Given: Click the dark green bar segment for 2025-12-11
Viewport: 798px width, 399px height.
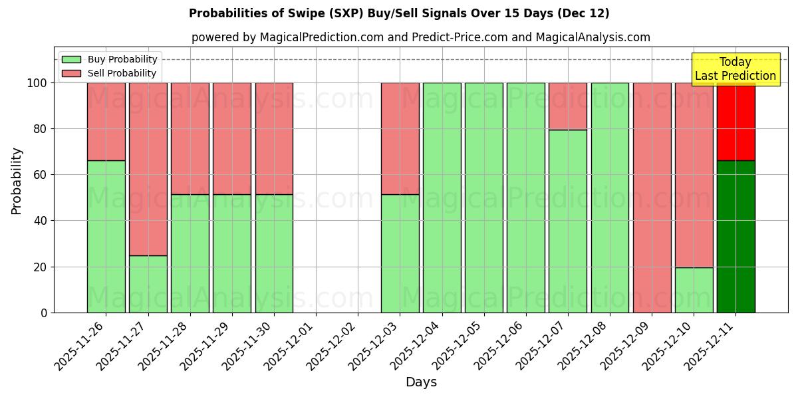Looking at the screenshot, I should (x=735, y=236).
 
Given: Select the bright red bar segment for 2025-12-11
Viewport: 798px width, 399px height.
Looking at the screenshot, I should (x=735, y=122).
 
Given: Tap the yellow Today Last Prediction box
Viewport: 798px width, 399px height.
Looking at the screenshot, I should (x=735, y=69).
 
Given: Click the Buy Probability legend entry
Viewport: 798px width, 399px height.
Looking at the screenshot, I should (x=110, y=59).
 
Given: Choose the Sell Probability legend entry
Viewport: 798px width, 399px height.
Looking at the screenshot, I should (x=110, y=73).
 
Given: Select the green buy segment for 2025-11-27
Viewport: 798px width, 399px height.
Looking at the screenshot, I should (x=148, y=284).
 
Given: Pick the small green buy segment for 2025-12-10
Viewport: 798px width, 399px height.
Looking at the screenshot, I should (x=694, y=290).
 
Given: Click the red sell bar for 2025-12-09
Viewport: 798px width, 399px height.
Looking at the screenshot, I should (x=652, y=198).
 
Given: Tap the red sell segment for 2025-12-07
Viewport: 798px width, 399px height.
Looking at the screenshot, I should (x=568, y=106).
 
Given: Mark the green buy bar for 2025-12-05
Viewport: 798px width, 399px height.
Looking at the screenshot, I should (x=483, y=198).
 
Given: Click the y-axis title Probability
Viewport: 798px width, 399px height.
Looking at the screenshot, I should (x=17, y=181).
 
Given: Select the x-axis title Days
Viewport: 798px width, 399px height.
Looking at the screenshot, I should (x=421, y=382).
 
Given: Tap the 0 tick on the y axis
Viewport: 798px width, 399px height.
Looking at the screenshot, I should (x=44, y=313).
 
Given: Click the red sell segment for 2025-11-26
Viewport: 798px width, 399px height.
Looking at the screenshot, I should (x=106, y=122).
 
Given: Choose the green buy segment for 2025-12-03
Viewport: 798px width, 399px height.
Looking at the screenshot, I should (x=400, y=253).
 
